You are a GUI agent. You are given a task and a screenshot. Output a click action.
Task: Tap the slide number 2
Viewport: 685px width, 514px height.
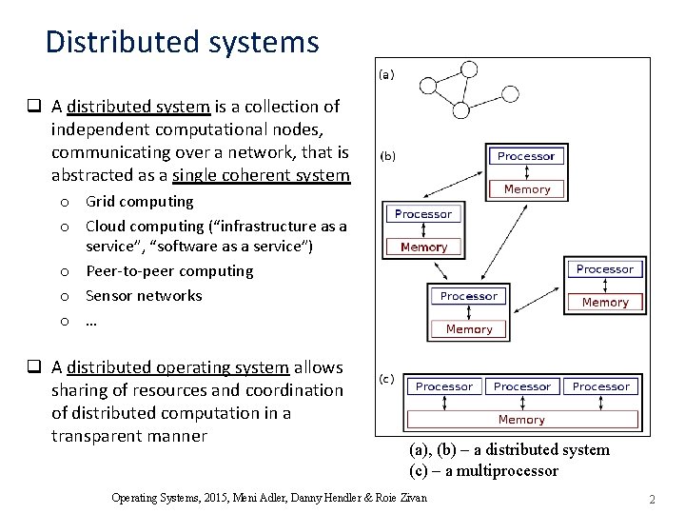pos(653,499)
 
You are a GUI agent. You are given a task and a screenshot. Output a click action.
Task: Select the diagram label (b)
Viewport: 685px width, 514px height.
pos(388,154)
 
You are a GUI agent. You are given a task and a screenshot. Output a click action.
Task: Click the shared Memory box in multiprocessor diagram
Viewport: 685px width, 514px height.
pos(521,419)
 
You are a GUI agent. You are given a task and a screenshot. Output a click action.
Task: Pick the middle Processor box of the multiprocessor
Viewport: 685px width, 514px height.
pos(521,386)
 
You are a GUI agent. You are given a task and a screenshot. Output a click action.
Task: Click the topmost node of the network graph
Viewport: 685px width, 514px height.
pos(467,69)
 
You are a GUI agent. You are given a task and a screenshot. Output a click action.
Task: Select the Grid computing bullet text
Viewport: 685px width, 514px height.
pos(139,202)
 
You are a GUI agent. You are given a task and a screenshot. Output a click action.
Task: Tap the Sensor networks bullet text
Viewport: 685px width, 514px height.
pos(144,295)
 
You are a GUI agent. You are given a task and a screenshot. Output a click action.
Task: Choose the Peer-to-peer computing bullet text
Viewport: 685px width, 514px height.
pos(169,271)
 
